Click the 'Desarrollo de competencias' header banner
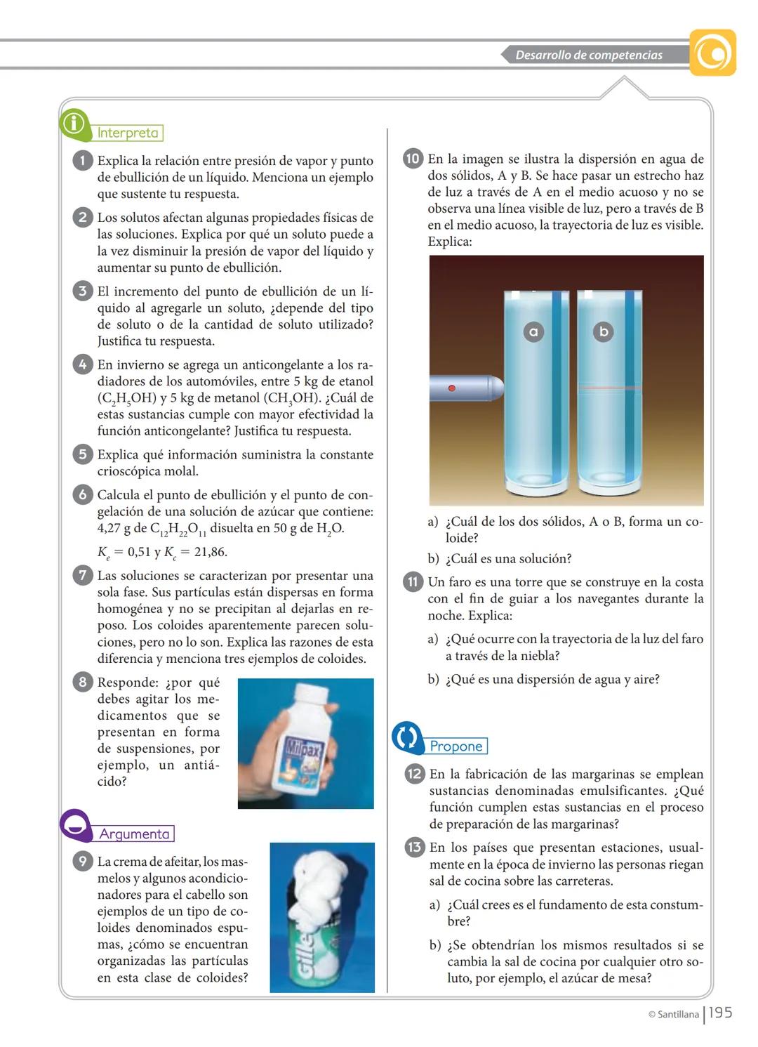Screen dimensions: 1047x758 (x=590, y=55)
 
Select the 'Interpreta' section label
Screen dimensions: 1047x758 (x=128, y=133)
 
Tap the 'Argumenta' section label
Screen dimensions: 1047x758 (x=135, y=834)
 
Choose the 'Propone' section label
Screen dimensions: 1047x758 (x=456, y=746)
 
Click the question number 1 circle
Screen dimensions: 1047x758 (x=83, y=161)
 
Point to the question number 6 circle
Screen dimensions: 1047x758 (x=83, y=494)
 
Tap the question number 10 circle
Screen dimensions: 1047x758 (x=413, y=159)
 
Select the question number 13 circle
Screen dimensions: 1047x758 (x=415, y=848)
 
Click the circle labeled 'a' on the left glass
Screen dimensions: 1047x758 (x=533, y=331)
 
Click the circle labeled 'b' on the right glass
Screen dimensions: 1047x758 (x=603, y=331)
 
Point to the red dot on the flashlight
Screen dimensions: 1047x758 (x=452, y=388)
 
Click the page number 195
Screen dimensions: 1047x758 (x=720, y=1013)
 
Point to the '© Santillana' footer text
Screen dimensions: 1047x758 (x=673, y=1014)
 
